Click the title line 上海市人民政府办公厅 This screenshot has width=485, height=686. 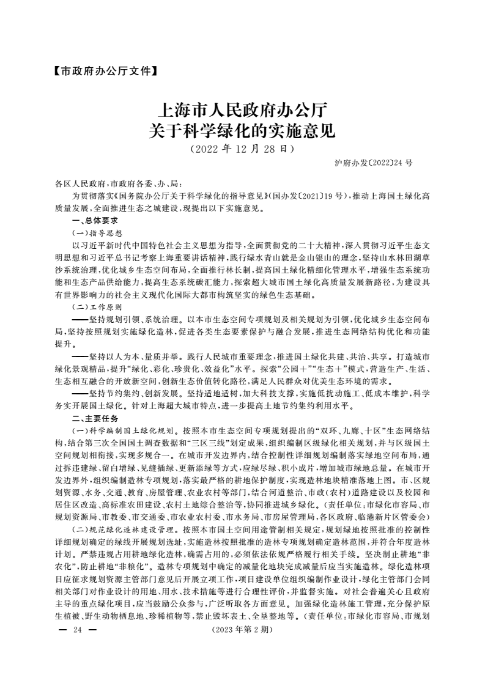(242, 111)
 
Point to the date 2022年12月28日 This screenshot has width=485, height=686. (242, 149)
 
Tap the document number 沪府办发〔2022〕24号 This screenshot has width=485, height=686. (374, 164)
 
